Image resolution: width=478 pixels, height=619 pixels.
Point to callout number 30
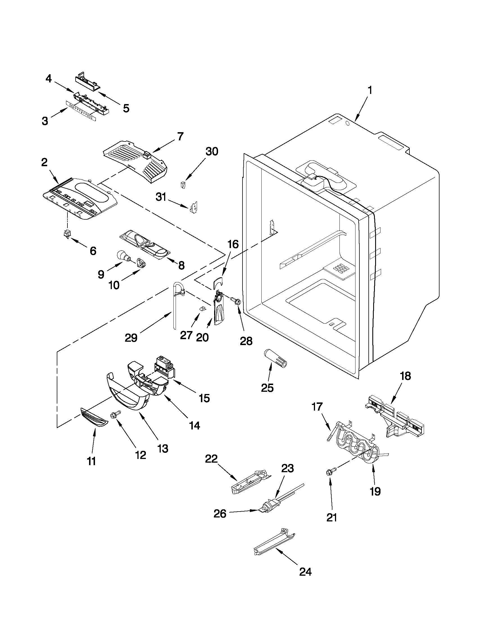point(212,152)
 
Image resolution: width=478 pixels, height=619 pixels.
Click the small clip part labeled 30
point(183,185)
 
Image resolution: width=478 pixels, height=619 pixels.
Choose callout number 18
point(405,376)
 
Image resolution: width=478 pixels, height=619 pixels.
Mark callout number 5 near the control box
point(126,108)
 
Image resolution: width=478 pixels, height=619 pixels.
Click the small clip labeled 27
point(202,309)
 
